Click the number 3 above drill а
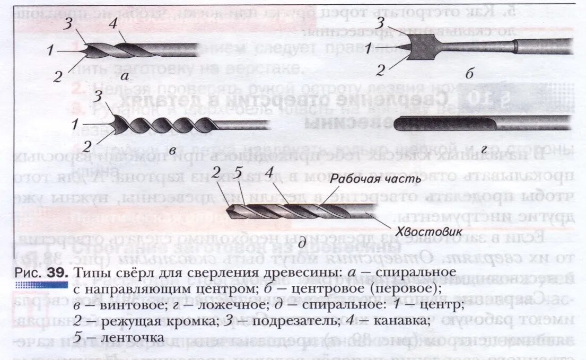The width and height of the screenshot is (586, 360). (67, 24)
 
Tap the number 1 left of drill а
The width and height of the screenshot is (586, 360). (50, 51)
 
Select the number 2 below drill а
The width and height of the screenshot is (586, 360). (58, 76)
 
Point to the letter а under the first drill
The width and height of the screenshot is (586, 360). (125, 76)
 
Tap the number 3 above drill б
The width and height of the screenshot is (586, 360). (380, 23)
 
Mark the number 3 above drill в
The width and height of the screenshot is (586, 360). (97, 97)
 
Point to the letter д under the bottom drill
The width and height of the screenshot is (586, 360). (301, 244)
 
